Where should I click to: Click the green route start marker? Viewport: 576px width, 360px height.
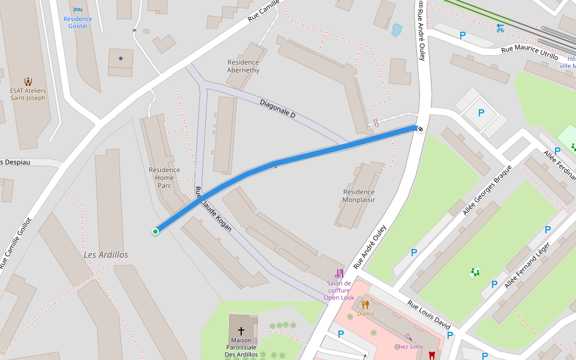155,232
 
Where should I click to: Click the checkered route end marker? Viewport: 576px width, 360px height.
421,128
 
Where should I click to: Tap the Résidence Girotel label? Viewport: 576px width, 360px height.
78,22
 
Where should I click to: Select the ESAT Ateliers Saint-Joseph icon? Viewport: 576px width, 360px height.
28,81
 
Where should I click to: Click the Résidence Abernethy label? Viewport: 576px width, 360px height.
243,66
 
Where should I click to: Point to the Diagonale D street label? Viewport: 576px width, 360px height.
277,108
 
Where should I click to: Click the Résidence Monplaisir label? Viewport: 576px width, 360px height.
359,196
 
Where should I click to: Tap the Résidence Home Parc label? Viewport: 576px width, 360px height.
164,178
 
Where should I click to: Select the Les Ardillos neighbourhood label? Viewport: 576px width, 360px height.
106,255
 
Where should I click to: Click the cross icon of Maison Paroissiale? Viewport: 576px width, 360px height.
241,331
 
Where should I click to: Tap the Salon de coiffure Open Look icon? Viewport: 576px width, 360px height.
339,274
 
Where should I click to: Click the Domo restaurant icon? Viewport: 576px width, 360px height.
365,304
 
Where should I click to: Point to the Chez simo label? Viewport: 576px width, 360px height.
409,346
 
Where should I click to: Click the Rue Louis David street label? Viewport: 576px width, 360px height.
428,314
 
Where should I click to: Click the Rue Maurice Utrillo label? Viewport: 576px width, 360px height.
529,52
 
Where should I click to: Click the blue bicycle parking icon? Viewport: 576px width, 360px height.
500,28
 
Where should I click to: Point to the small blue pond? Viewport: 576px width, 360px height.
397,30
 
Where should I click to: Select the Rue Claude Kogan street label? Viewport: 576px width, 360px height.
213,209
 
